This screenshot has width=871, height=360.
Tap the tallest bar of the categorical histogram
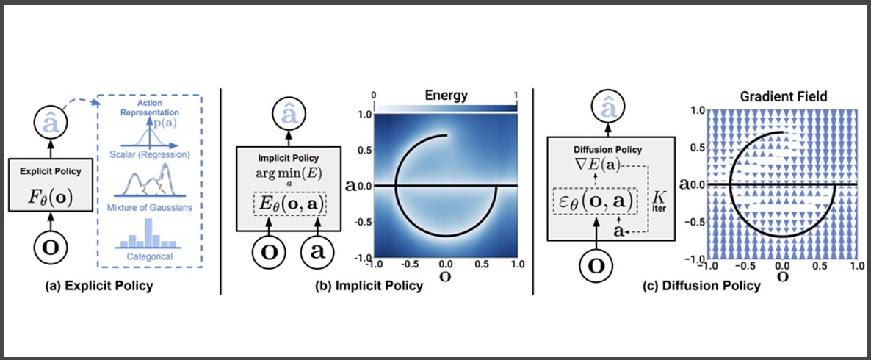pos(148,232)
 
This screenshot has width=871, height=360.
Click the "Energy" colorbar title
pos(447,96)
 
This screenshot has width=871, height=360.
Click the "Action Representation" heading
pos(150,107)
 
